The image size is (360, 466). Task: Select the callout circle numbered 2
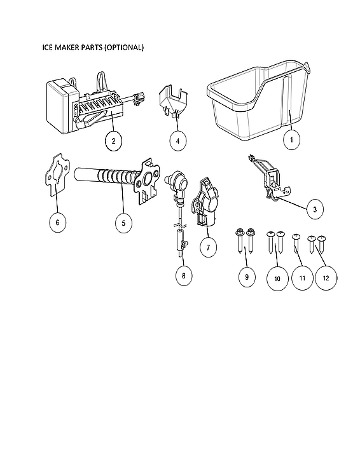pos(113,140)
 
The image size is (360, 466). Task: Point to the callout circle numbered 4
pos(178,140)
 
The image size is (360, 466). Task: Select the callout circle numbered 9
pos(246,277)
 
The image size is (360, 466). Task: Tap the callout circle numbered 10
pos(277,278)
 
